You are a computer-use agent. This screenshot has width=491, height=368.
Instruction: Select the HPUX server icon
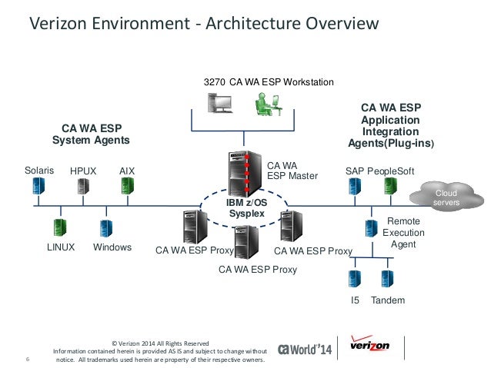(83, 186)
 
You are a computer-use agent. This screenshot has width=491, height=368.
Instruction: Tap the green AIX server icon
(128, 185)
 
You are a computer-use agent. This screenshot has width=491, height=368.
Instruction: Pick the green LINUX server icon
(59, 227)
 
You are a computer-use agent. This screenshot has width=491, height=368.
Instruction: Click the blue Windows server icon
(106, 227)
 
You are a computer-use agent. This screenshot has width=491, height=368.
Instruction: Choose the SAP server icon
(354, 185)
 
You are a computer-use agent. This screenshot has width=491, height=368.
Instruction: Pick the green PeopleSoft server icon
(390, 185)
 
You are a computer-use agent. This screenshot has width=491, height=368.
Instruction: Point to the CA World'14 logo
(304, 347)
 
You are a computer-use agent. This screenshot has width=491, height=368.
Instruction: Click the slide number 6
(28, 359)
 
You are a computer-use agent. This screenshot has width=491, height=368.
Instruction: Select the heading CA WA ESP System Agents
(90, 134)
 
